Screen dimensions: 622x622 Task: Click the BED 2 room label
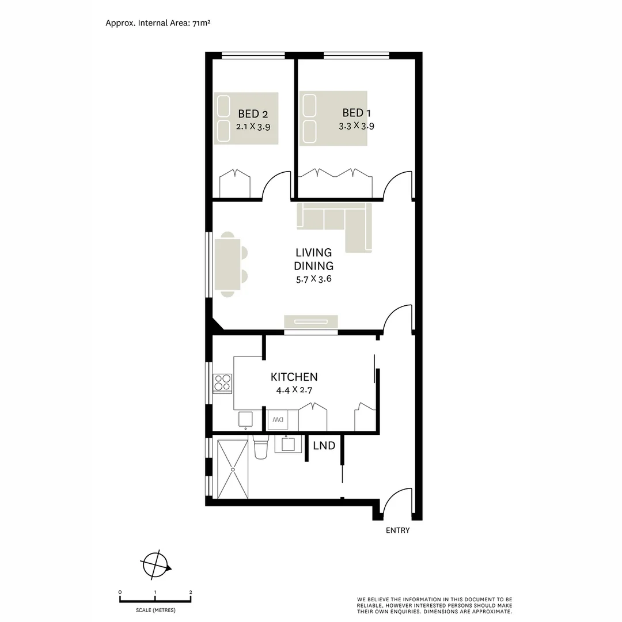pos(253,114)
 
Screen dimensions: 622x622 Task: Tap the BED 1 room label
pos(352,113)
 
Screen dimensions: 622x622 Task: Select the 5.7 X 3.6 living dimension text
pos(313,279)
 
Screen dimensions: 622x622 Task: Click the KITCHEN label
pos(294,377)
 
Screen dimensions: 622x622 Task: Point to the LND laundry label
pos(324,446)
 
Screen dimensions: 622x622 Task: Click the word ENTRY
pos(397,530)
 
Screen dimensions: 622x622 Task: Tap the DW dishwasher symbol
pos(278,420)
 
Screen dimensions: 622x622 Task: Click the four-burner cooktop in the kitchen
pos(222,382)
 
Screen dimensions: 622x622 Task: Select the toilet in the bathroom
pos(260,447)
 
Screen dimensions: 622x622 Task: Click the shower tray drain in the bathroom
pos(233,470)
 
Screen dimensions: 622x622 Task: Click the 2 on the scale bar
pos(191,592)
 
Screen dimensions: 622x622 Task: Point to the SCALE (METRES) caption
pos(155,610)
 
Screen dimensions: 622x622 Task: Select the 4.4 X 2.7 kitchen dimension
pos(294,390)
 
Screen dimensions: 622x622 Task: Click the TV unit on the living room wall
pos(311,322)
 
